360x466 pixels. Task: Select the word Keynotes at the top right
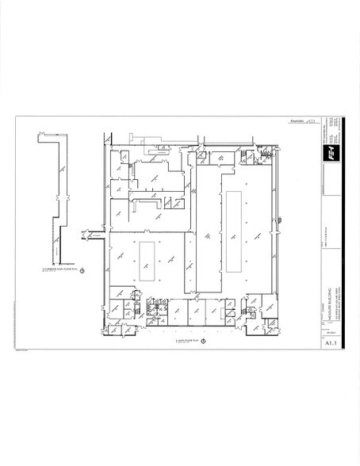pos(297,121)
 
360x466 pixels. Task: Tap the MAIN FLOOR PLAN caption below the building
pos(188,342)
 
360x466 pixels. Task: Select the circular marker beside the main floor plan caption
pos(205,342)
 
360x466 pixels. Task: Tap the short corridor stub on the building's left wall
pos(94,233)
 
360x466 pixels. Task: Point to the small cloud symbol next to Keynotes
pos(312,121)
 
